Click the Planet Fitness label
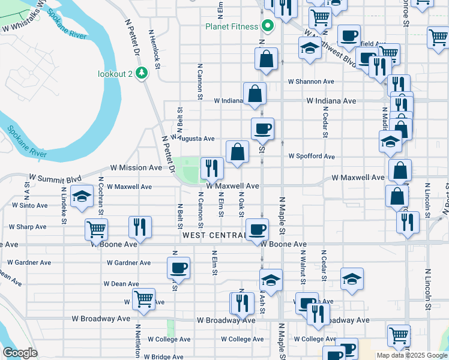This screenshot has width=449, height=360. tap(231, 26)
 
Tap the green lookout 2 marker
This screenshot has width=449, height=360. tap(142, 73)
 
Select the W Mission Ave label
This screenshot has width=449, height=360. tap(136, 167)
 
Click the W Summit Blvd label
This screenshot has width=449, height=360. tap(55, 178)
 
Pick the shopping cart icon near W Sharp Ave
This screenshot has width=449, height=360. tap(96, 229)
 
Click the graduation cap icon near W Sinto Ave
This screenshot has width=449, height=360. tap(81, 196)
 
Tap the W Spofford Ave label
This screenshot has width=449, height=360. tap(311, 156)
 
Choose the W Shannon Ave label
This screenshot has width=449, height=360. tap(310, 81)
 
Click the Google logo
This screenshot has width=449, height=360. tap(20, 353)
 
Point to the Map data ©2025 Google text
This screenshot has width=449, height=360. tap(412, 355)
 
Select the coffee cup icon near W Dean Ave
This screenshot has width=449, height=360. tap(179, 267)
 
